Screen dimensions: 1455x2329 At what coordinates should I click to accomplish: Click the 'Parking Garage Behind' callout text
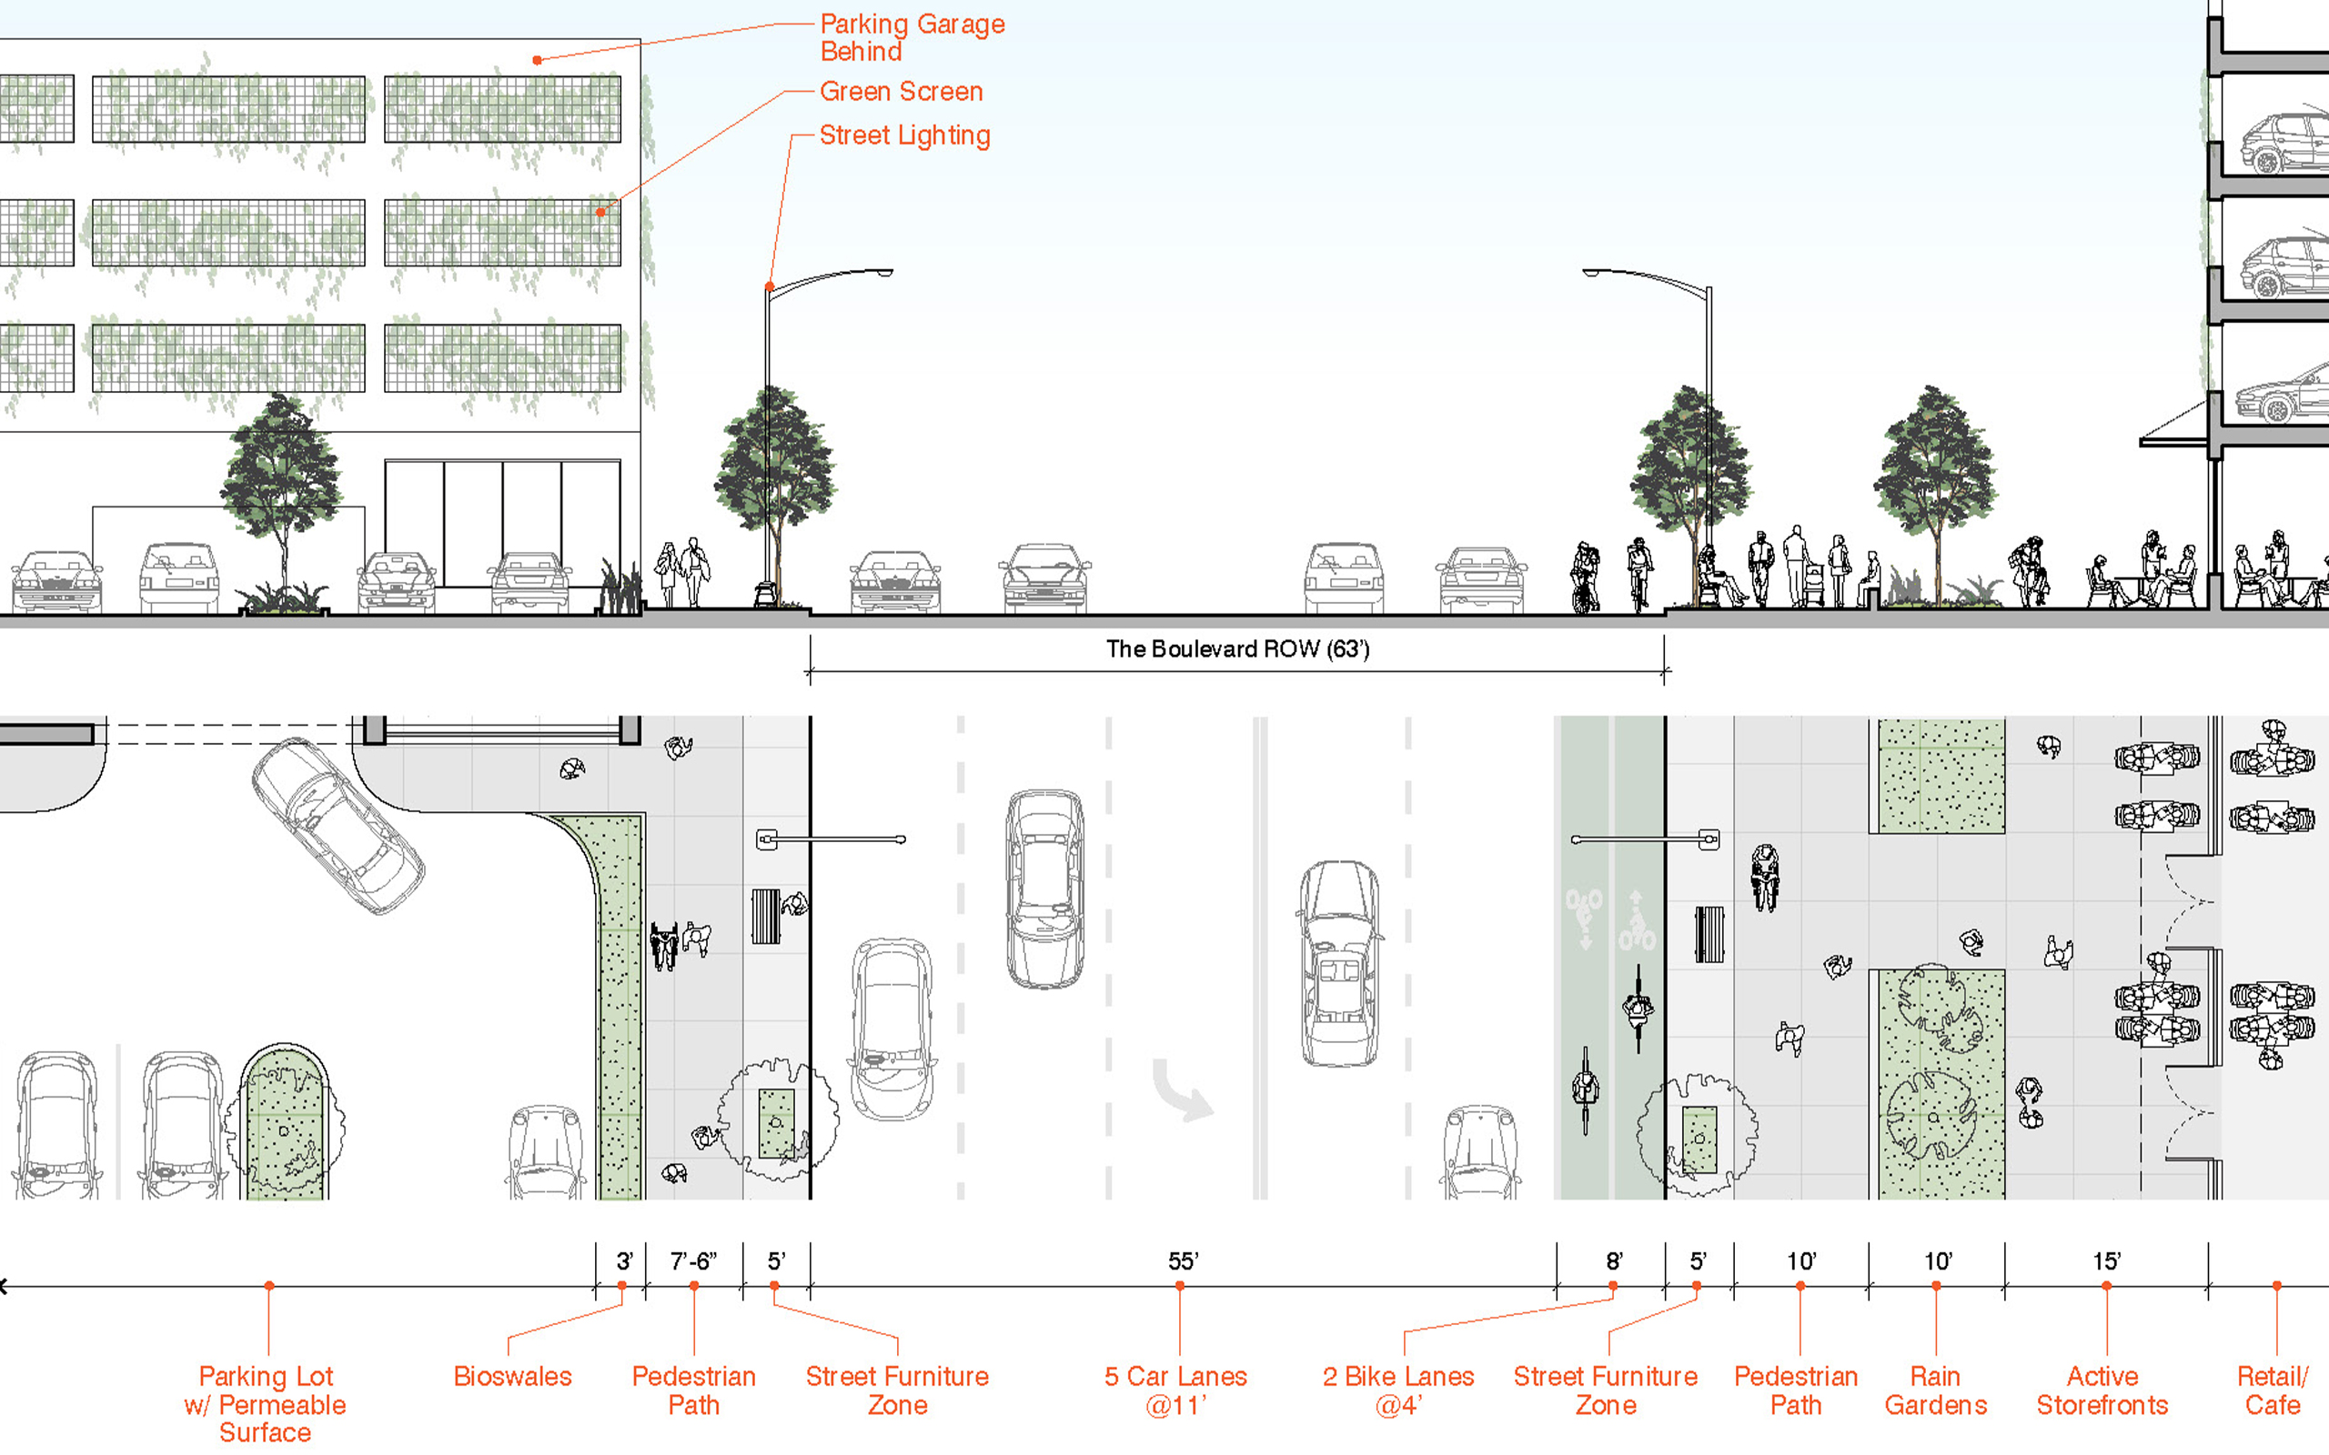pyautogui.click(x=912, y=37)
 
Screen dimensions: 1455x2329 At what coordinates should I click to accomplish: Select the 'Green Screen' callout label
pyautogui.click(x=901, y=92)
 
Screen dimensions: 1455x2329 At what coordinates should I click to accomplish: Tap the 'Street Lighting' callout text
pyautogui.click(x=903, y=135)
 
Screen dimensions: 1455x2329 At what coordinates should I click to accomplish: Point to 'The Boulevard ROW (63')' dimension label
pyautogui.click(x=1237, y=649)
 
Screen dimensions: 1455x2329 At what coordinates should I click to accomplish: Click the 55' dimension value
pyautogui.click(x=1183, y=1261)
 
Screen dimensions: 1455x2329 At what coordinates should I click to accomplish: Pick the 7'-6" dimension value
pyautogui.click(x=693, y=1261)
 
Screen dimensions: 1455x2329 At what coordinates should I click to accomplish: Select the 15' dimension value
pyautogui.click(x=2107, y=1261)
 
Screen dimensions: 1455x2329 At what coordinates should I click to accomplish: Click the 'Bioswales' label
pyautogui.click(x=512, y=1377)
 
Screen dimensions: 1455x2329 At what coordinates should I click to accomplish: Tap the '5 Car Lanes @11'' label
pyautogui.click(x=1175, y=1390)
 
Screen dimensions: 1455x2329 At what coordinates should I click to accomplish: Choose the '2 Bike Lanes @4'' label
pyautogui.click(x=1398, y=1390)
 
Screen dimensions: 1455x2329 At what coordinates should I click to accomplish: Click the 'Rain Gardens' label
pyautogui.click(x=1935, y=1390)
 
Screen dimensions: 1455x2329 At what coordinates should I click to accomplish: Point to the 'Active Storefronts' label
pyautogui.click(x=2102, y=1390)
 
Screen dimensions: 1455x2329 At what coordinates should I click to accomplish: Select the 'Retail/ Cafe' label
pyautogui.click(x=2273, y=1390)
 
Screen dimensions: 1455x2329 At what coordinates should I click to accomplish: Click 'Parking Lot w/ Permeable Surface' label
pyautogui.click(x=266, y=1404)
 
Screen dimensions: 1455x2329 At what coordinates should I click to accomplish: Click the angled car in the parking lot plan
pyautogui.click(x=337, y=826)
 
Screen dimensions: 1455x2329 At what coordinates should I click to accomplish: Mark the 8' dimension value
pyautogui.click(x=1614, y=1261)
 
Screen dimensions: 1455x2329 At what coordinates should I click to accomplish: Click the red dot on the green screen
pyautogui.click(x=600, y=213)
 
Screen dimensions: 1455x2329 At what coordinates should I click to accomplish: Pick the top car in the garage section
pyautogui.click(x=2284, y=144)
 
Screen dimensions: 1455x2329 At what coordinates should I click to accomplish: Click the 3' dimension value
pyautogui.click(x=623, y=1261)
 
